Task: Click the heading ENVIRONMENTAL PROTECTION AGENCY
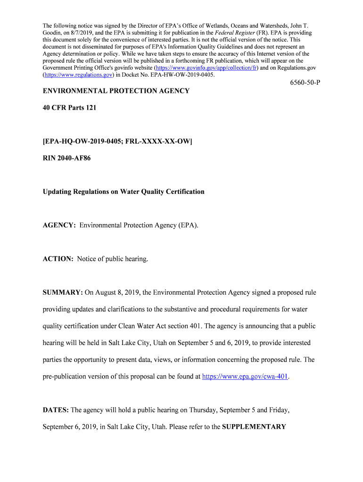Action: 116,91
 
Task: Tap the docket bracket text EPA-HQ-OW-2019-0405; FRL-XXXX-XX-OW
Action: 117,141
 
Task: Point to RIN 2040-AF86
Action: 66,158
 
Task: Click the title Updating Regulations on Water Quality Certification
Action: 124,192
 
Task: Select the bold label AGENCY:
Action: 59,225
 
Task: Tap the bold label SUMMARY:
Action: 63,292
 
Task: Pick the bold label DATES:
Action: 56,410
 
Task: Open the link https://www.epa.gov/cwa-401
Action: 245,377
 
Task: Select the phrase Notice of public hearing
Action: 113,259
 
